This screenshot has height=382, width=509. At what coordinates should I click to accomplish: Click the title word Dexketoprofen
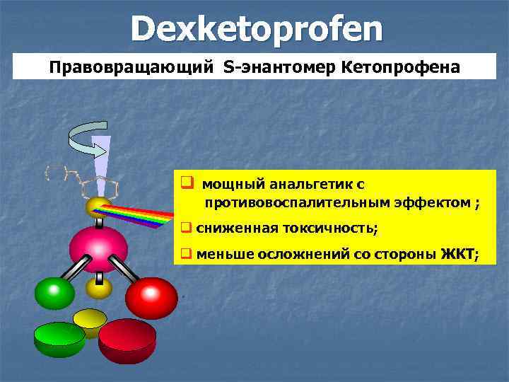(x=256, y=29)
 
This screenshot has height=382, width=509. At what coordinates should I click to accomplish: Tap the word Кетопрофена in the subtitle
(x=400, y=69)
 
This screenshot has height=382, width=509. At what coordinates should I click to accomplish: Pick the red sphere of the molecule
(x=151, y=297)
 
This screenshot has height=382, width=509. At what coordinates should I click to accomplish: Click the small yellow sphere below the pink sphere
(x=99, y=287)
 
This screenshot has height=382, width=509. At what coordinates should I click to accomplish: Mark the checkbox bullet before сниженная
(x=187, y=228)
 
